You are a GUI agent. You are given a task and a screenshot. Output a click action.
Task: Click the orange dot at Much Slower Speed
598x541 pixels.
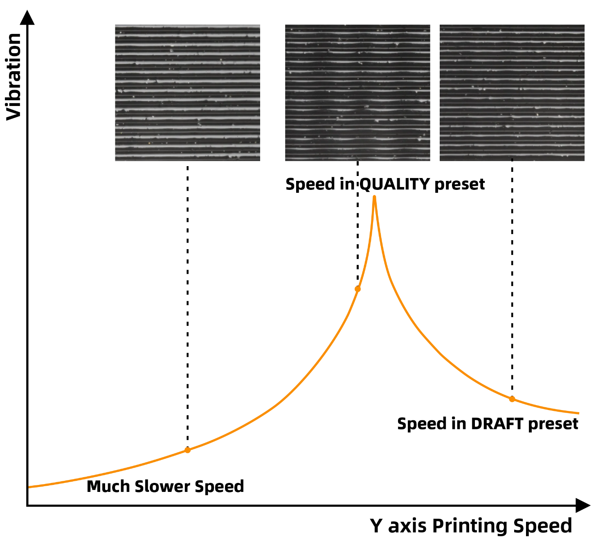[187, 450]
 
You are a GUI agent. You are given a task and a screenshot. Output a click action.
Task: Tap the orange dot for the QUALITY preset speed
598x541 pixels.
[358, 289]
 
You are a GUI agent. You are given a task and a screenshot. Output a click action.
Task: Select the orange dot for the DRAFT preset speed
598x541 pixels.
[512, 399]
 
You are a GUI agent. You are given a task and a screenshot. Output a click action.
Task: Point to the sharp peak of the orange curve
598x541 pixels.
[374, 197]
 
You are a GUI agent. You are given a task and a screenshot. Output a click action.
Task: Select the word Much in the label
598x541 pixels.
[108, 487]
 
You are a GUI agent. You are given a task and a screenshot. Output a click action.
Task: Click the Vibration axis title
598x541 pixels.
[14, 77]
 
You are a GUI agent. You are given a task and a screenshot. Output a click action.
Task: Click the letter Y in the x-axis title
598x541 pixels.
[376, 525]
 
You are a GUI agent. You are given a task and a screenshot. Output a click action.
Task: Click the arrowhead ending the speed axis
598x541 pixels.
[583, 505]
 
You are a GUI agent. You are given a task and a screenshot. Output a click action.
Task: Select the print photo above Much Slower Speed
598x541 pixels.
[187, 93]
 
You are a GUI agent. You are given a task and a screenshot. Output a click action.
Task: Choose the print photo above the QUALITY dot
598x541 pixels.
[357, 93]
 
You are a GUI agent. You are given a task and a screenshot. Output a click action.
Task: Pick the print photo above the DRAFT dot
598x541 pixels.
[512, 93]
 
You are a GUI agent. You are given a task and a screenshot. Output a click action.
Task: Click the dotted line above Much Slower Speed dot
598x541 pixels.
[187, 306]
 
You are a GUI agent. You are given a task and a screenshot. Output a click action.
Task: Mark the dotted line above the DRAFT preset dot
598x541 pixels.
[512, 279]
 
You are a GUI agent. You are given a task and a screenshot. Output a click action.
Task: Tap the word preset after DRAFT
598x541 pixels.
[553, 424]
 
